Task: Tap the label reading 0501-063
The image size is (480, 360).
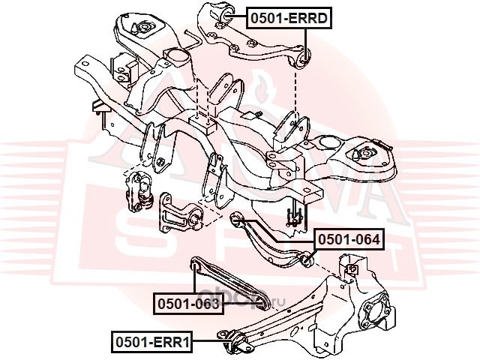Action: coord(187,303)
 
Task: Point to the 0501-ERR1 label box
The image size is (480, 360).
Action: coord(151,343)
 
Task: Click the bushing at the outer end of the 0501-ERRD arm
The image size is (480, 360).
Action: coord(304,56)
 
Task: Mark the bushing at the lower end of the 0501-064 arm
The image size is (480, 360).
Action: coord(305,259)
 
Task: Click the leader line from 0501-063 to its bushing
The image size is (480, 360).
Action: coord(194,280)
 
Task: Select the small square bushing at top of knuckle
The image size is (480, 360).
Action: coord(349,268)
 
